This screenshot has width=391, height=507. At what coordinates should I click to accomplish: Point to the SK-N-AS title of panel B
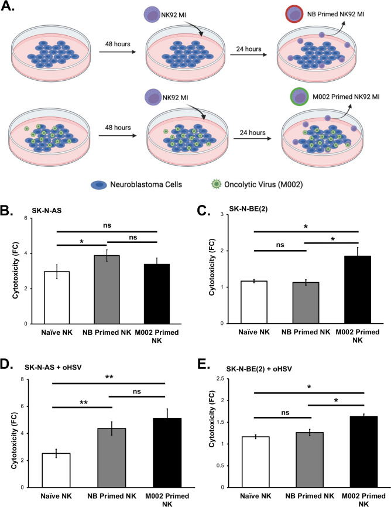click(49, 195)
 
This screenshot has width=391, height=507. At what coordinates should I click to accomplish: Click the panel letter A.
click(10, 11)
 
